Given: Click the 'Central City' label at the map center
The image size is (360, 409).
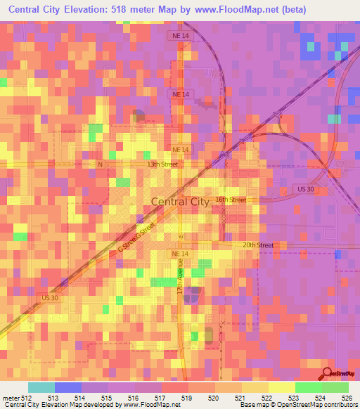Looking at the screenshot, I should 180,202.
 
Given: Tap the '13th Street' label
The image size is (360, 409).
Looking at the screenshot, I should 162,164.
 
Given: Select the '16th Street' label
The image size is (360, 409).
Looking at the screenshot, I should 231,200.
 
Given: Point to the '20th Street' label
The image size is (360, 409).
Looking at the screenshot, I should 257,245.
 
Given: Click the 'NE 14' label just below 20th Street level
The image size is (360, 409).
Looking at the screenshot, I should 181,253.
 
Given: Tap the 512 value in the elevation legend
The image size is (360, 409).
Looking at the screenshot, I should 27,396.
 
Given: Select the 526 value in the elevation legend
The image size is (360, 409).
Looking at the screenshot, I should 347,396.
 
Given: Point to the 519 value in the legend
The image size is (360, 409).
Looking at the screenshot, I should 188,396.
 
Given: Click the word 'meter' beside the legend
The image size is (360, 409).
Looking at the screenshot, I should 11,396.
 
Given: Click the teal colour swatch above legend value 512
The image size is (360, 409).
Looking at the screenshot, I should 41,387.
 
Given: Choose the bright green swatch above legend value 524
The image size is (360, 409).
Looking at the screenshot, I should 308,387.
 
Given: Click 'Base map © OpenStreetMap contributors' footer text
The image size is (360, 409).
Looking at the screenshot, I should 297,404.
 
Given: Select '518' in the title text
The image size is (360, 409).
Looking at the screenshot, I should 131,9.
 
